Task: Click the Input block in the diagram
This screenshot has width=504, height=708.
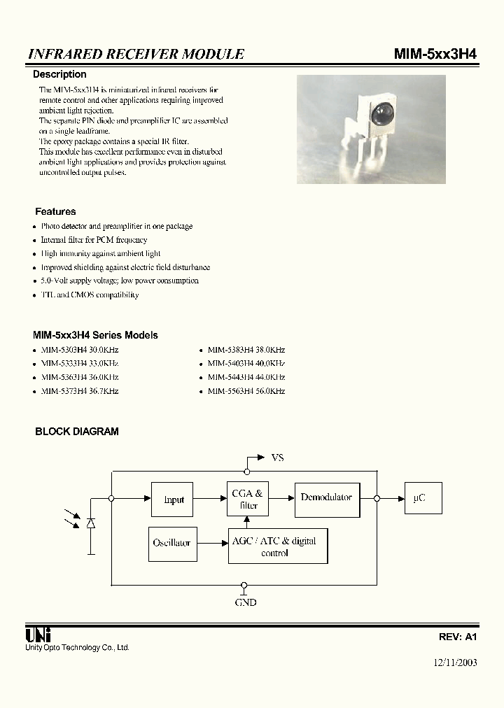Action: pos(172,500)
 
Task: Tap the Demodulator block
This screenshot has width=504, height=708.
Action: pos(327,498)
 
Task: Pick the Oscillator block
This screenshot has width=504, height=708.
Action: pos(171,543)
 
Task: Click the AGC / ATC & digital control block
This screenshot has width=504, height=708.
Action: pos(278,546)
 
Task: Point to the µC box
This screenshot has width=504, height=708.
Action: pos(422,498)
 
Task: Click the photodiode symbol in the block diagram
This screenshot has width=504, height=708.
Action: pos(91,523)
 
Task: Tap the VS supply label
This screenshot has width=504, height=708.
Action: pos(277,458)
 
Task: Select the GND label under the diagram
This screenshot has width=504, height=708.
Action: pos(245,602)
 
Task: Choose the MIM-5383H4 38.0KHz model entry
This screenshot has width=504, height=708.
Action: pos(246,349)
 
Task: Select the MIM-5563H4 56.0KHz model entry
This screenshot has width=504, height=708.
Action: pos(246,391)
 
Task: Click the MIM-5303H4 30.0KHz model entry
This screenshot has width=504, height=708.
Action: pos(79,349)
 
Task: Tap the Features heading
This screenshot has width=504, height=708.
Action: pos(55,211)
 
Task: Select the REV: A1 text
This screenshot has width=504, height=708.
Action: pos(457,637)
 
